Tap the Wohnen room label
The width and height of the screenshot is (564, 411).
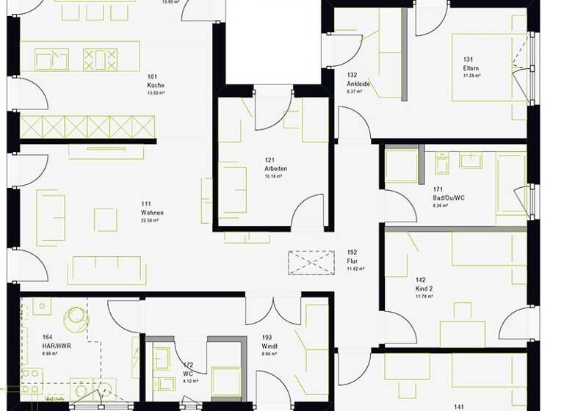point(153,213)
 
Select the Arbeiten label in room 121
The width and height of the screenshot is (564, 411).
point(276,169)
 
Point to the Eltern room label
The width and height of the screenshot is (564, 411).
point(471,68)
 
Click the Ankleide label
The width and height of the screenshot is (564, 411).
point(358,84)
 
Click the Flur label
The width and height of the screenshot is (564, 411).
point(352,261)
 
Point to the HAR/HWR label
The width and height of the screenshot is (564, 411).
point(55,346)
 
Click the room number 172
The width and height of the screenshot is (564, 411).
point(188,364)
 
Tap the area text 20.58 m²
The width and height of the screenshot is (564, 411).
point(153,222)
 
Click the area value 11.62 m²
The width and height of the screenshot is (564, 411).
point(355,269)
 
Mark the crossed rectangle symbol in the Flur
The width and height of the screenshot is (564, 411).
point(311,263)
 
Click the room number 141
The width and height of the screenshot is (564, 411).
point(459,407)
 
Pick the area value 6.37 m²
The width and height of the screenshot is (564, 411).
point(356,92)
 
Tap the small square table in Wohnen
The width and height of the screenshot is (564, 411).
point(106,219)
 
